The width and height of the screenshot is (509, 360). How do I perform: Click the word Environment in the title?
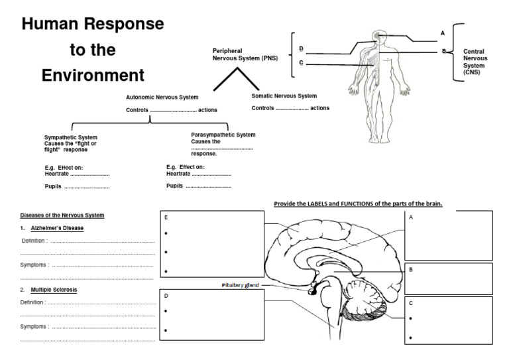point(93,74)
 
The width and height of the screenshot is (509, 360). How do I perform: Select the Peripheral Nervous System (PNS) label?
point(245,55)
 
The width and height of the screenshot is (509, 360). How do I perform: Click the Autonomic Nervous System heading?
point(162,97)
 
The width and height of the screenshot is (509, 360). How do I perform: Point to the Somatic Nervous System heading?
point(284,95)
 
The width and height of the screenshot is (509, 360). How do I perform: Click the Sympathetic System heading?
point(70,137)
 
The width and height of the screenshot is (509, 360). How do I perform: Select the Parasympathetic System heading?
point(223,135)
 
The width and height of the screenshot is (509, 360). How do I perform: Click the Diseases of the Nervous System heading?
point(62,215)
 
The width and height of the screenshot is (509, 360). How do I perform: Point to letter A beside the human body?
point(443,32)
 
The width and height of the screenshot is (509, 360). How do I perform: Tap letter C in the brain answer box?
point(412,303)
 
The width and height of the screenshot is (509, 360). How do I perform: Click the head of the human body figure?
point(378,36)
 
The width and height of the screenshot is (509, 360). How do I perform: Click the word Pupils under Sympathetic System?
point(53,187)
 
